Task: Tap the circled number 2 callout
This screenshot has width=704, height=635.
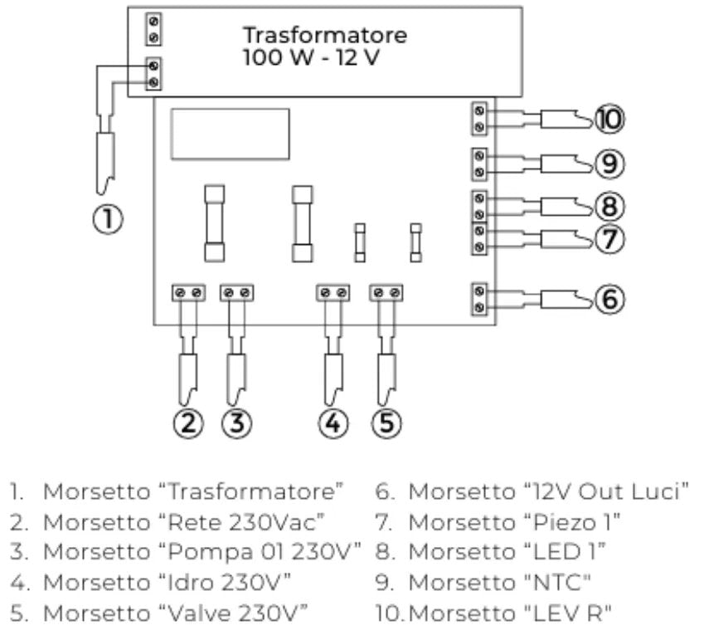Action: (188, 423)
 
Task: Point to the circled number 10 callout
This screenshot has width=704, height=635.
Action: (609, 120)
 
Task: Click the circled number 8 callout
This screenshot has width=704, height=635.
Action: (609, 204)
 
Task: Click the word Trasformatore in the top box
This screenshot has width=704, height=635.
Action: (324, 36)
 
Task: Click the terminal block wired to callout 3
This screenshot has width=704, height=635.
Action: (237, 293)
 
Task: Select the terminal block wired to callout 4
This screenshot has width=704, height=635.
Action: (334, 293)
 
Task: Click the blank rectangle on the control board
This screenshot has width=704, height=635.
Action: (230, 133)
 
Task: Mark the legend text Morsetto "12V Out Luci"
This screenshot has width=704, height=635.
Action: (549, 491)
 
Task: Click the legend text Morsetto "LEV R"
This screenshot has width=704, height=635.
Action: (507, 613)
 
